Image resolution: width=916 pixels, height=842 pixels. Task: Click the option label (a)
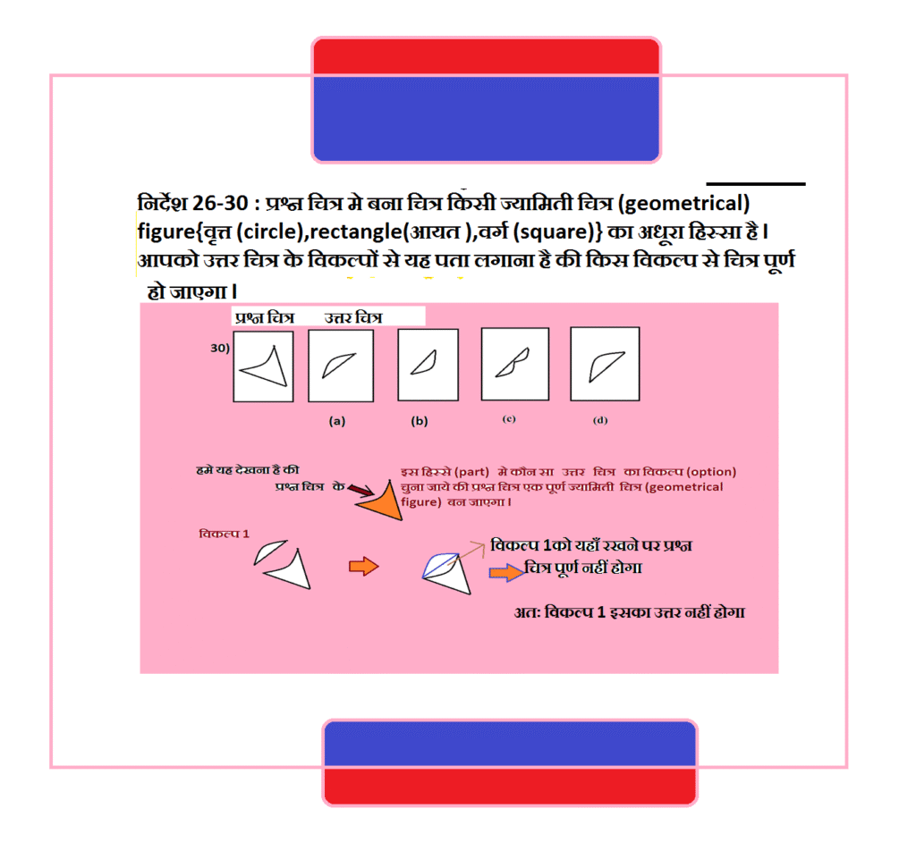tap(337, 421)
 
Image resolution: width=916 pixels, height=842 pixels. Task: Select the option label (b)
tap(420, 421)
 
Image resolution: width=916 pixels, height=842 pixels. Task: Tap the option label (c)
tap(509, 419)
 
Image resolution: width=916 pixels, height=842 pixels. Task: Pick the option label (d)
tap(600, 420)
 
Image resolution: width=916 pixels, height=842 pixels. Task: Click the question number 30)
tap(220, 348)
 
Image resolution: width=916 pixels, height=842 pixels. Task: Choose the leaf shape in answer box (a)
tap(338, 366)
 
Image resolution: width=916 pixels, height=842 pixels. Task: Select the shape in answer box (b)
tap(425, 363)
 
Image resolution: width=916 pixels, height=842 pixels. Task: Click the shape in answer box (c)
tap(513, 363)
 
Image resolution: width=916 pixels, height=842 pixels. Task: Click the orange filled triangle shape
tap(384, 502)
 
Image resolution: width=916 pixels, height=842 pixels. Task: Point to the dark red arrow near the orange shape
tap(360, 490)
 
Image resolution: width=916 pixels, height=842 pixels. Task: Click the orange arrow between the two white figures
tap(364, 566)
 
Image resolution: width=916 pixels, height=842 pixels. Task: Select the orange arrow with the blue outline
tap(506, 572)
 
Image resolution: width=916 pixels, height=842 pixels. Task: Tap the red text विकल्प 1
tap(225, 534)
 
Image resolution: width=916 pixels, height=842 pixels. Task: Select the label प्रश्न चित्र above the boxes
tap(265, 317)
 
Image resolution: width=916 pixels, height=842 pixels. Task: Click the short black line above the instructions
tap(756, 184)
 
